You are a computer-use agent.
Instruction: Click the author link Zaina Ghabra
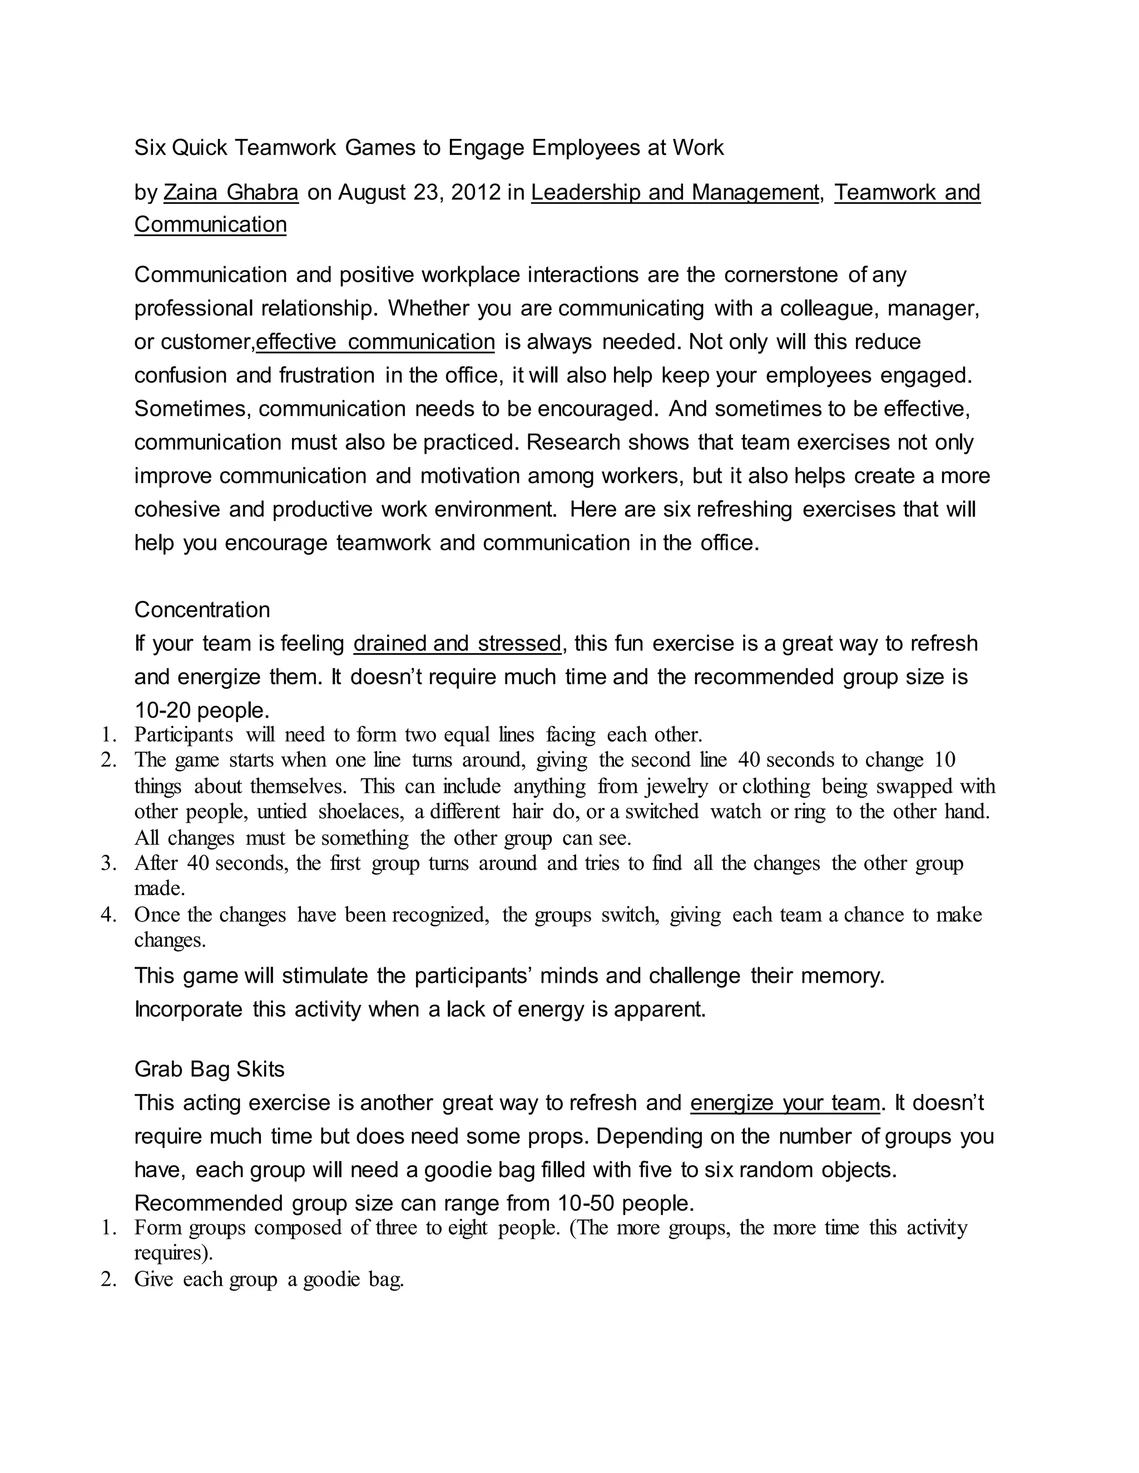point(231,193)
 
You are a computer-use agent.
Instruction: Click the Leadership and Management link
point(675,193)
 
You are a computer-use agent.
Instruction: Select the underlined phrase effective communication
point(375,342)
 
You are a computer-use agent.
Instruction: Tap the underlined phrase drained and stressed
point(457,644)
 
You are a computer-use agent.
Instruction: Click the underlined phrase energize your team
point(785,1103)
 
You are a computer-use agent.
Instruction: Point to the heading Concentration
point(202,610)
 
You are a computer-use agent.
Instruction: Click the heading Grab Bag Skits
point(209,1069)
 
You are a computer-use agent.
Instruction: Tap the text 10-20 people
point(202,710)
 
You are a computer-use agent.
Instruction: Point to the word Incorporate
point(189,1009)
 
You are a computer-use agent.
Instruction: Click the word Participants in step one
point(184,734)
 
